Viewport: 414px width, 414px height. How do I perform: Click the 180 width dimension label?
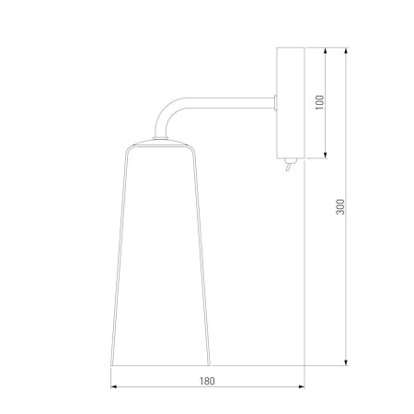pyautogui.click(x=207, y=381)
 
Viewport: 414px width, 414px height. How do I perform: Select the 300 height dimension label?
pyautogui.click(x=340, y=207)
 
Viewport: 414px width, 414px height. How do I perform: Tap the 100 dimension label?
pyautogui.click(x=319, y=102)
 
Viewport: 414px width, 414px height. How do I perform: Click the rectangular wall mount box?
pyautogui.click(x=291, y=103)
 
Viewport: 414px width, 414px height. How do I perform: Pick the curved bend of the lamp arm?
pyautogui.click(x=168, y=114)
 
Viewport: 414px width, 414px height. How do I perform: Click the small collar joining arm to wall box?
pyautogui.click(x=275, y=103)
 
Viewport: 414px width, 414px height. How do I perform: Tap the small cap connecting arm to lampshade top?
pyautogui.click(x=161, y=138)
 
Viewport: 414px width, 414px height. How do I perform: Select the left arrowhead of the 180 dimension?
pyautogui.click(x=114, y=387)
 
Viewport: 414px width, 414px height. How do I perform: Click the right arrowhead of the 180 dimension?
pyautogui.click(x=301, y=387)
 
